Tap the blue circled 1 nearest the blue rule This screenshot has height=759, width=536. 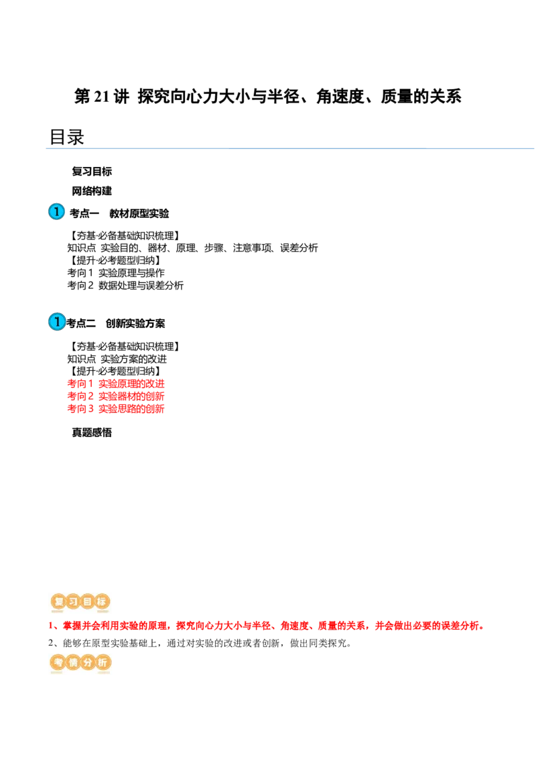click(x=57, y=212)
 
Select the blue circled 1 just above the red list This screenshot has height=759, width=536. click(x=57, y=323)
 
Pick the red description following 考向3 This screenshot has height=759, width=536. click(x=131, y=409)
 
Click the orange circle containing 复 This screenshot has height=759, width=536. click(x=58, y=602)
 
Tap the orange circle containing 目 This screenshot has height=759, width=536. click(x=87, y=602)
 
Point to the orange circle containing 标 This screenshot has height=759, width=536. click(x=102, y=602)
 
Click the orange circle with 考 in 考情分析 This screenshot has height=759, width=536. click(x=58, y=663)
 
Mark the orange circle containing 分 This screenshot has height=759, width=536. click(x=87, y=663)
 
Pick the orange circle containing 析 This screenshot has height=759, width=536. click(x=102, y=663)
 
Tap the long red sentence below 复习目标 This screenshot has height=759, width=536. click(x=268, y=627)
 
